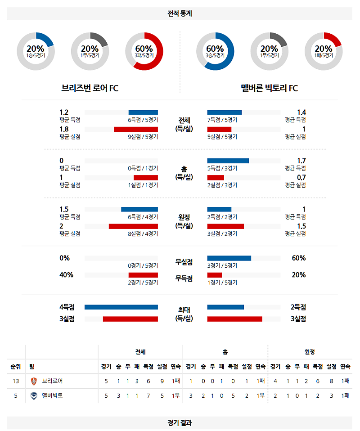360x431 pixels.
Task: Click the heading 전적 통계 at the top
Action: pyautogui.click(x=180, y=13)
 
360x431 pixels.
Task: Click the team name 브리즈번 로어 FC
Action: pyautogui.click(x=90, y=88)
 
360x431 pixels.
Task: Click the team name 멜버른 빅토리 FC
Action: pyautogui.click(x=269, y=88)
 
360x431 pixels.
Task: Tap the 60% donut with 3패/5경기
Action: pyautogui.click(x=144, y=51)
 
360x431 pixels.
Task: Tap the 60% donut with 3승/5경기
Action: pyautogui.click(x=215, y=51)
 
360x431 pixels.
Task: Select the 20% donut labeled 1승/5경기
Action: pyautogui.click(x=36, y=51)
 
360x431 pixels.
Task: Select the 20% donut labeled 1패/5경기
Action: pyautogui.click(x=323, y=51)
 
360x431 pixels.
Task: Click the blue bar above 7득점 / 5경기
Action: pyautogui.click(x=224, y=112)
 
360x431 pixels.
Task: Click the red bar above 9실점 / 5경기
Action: pyautogui.click(x=135, y=129)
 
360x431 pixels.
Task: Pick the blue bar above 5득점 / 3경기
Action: pyautogui.click(x=228, y=161)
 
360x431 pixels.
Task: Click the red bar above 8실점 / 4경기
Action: pyautogui.click(x=133, y=226)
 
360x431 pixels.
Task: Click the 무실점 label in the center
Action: pyautogui.click(x=184, y=262)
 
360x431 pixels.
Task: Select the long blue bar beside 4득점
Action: pyautogui.click(x=121, y=307)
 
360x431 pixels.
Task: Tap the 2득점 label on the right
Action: pyautogui.click(x=298, y=307)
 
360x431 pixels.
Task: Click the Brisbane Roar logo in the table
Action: pyautogui.click(x=34, y=381)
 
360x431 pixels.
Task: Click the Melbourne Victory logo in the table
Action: pyautogui.click(x=34, y=396)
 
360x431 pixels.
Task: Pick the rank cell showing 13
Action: pyautogui.click(x=16, y=381)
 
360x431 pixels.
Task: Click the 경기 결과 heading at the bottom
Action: pyautogui.click(x=180, y=423)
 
